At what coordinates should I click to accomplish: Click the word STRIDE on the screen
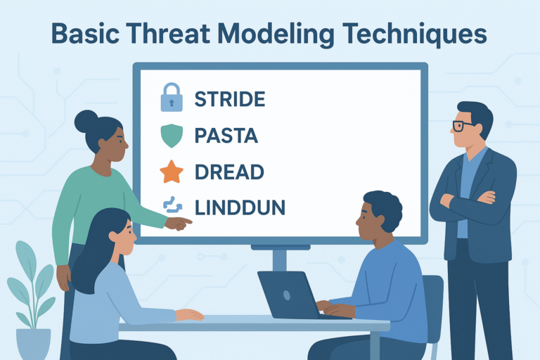click(229, 98)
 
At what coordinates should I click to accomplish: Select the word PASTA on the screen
click(226, 136)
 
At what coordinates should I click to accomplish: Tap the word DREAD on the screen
click(229, 172)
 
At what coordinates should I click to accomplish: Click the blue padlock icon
click(172, 97)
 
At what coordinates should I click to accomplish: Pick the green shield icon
click(172, 136)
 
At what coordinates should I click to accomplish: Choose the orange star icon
click(172, 172)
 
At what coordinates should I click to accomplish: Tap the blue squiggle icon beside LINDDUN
click(172, 206)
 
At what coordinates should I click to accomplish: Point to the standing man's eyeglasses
click(462, 126)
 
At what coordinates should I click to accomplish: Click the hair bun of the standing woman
click(86, 121)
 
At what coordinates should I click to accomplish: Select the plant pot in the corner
click(33, 344)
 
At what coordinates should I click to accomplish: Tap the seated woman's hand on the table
click(188, 314)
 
